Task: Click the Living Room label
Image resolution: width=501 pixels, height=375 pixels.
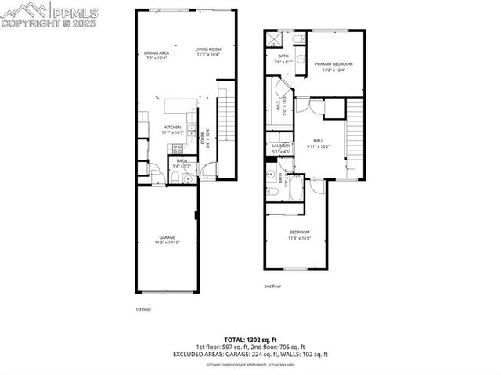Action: click(208, 49)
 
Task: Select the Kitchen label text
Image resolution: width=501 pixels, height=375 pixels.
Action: click(172, 128)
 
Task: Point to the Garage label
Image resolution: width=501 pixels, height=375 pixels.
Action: click(168, 237)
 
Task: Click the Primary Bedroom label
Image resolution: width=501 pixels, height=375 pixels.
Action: click(333, 63)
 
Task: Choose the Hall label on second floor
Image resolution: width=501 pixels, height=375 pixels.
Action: click(319, 141)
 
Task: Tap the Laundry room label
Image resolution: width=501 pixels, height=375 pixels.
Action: click(281, 146)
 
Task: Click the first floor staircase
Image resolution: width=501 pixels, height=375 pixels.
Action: click(225, 125)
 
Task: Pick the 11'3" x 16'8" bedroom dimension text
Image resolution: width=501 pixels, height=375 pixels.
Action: click(300, 238)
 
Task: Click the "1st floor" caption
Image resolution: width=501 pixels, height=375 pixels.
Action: click(142, 309)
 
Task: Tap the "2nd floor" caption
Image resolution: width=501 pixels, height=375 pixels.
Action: click(272, 287)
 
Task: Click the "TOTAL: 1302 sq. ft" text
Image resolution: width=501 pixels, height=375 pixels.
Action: click(250, 340)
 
